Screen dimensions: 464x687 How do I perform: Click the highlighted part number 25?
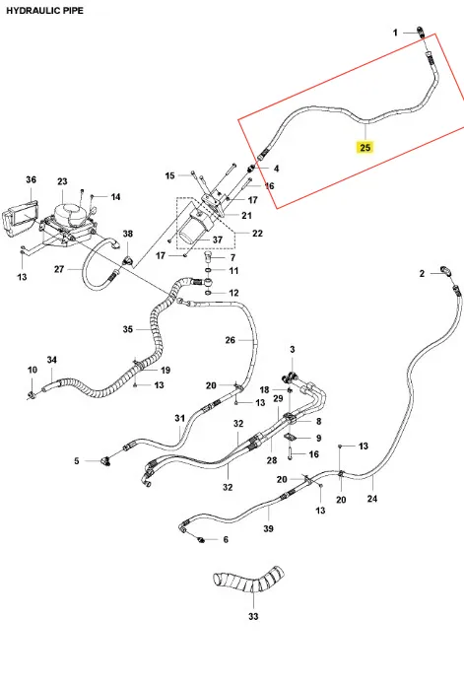(365, 147)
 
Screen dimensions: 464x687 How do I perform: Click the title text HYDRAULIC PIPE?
(44, 11)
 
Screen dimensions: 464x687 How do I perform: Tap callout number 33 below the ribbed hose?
(253, 616)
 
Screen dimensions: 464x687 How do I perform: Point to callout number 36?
(31, 179)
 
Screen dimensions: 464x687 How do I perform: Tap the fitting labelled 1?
(421, 32)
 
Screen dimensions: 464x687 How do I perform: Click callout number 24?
(372, 499)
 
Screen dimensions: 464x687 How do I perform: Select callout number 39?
(268, 529)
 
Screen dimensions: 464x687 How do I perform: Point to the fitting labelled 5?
(105, 461)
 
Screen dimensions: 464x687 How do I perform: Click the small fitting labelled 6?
(202, 539)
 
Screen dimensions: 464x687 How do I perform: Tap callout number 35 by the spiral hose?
(127, 329)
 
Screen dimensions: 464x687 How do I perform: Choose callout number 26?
(231, 340)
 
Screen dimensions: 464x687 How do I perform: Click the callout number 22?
(257, 234)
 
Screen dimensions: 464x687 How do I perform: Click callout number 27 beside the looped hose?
(59, 269)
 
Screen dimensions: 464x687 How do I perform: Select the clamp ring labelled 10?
(32, 396)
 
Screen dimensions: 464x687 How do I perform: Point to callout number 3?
(293, 350)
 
